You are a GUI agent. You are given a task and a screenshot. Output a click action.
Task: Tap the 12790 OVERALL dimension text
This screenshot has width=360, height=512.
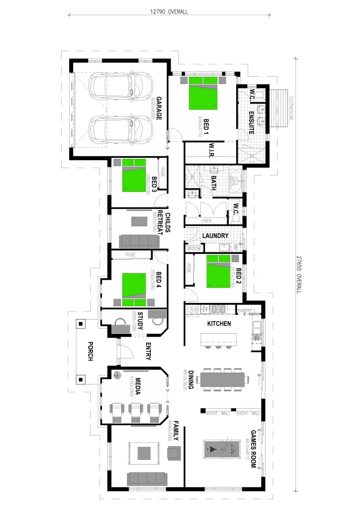[x=168, y=12]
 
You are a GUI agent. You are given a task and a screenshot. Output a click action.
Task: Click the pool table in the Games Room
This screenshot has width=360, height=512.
[x=222, y=448]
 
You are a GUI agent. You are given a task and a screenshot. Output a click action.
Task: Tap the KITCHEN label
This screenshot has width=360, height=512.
[x=219, y=324]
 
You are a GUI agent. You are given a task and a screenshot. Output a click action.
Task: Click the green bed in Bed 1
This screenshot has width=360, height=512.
[x=203, y=97]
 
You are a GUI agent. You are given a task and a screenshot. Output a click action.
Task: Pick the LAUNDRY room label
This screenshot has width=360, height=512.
[x=215, y=236]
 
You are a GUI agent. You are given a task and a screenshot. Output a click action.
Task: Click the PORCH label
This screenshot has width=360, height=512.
[x=90, y=351]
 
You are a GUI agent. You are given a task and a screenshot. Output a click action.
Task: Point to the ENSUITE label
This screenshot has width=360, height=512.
[x=251, y=122]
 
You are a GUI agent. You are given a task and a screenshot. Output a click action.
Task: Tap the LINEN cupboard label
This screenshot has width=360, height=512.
[x=206, y=221]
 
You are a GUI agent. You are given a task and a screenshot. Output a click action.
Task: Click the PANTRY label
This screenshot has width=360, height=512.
[x=245, y=311]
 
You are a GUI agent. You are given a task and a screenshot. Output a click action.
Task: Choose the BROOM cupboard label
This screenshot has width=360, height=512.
[x=194, y=248]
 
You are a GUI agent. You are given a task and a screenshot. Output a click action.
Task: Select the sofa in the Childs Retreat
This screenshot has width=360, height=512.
[x=139, y=241]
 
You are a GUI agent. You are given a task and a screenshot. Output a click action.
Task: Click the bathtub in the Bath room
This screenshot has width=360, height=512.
[x=235, y=181]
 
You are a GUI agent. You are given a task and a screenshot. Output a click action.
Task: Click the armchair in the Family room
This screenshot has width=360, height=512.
[x=174, y=454]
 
